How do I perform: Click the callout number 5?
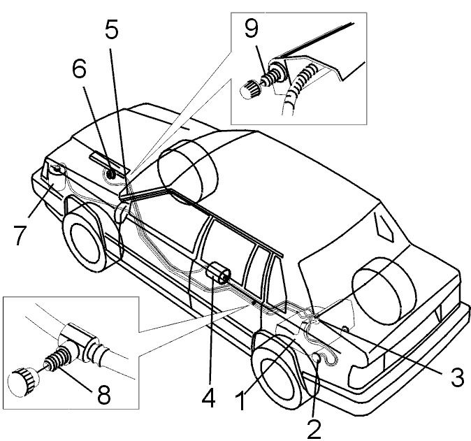111,29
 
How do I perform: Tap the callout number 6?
79,68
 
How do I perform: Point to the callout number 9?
251,29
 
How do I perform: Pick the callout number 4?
209,397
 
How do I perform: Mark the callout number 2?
314,429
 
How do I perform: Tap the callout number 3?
458,377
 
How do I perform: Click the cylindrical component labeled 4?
218,273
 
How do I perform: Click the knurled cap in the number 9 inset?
249,89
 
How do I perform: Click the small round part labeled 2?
317,358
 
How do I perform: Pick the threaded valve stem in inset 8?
59,358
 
